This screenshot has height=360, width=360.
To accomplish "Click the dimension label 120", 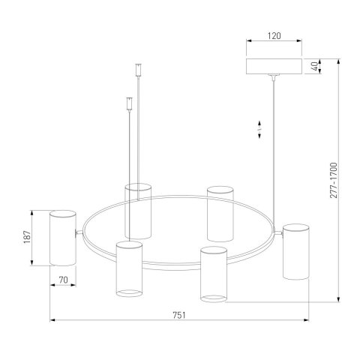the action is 274,36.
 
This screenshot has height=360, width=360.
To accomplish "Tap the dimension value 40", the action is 316,66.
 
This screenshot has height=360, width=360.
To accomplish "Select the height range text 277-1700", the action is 334,180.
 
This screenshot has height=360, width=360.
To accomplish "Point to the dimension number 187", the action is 27,237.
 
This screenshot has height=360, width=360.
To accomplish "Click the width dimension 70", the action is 63,280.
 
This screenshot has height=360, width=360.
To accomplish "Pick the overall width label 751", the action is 179,315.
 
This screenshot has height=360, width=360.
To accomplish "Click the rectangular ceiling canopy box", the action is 274,67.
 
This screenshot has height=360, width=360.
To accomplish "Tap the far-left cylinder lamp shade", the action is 63,238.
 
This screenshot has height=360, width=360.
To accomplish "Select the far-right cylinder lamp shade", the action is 296,251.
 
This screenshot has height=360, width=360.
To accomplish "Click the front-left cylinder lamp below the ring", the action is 129,269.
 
